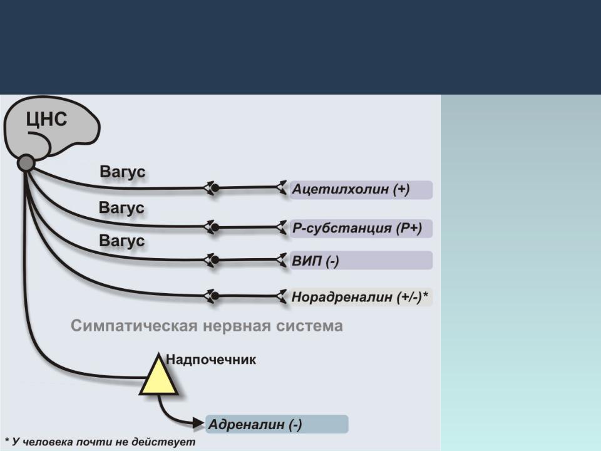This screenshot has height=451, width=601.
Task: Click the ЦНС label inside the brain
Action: [x=46, y=119]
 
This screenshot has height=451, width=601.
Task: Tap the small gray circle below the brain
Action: [x=26, y=163]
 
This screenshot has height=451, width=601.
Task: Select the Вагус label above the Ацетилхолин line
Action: [x=123, y=172]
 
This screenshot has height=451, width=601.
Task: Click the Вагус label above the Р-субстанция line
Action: [x=121, y=207]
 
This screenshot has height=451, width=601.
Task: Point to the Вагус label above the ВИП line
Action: [x=122, y=241]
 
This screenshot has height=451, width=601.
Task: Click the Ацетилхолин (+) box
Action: [x=361, y=190]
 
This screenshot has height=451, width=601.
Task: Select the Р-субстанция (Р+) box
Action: [x=361, y=229]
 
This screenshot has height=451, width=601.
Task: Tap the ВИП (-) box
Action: [x=361, y=261]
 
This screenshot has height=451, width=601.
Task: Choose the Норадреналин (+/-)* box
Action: [x=361, y=297]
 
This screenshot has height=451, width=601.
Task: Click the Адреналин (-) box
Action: [x=277, y=424]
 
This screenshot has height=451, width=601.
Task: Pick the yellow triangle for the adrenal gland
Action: [x=158, y=376]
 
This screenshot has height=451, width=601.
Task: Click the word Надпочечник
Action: [x=211, y=360]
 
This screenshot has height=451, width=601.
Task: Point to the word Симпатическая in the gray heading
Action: [x=134, y=326]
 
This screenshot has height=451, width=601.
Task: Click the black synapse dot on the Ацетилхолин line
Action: [x=215, y=188]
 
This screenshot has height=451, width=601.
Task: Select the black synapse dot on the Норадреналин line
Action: [x=215, y=296]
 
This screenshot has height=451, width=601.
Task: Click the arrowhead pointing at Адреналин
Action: [x=198, y=423]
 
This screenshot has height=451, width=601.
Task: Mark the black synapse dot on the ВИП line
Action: [x=215, y=260]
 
